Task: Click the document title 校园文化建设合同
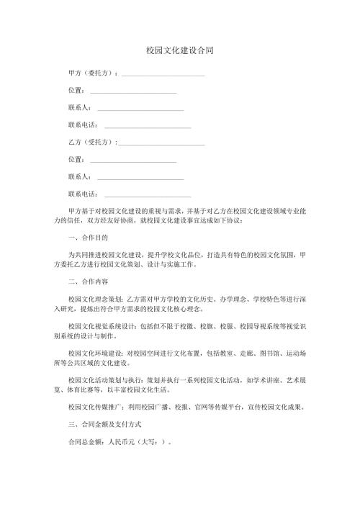point(179,51)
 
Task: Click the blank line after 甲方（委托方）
point(163,75)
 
